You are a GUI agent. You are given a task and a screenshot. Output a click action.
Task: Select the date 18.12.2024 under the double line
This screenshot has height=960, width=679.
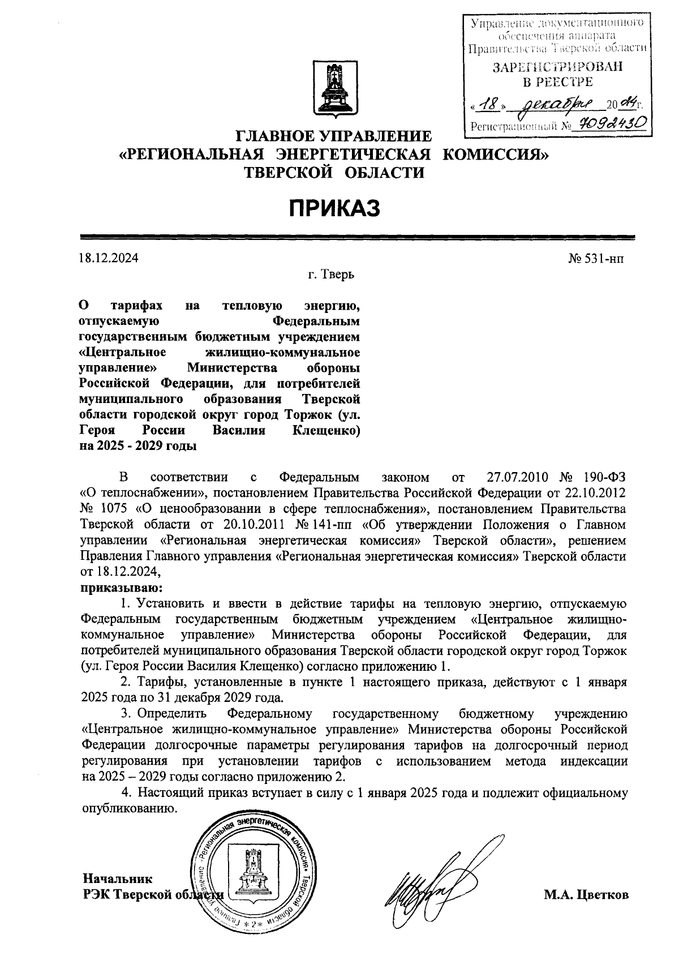click(109, 259)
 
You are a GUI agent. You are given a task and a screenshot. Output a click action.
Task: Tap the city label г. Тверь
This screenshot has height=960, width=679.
click(332, 275)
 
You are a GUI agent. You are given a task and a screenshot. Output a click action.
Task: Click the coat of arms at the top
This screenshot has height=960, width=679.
click(333, 90)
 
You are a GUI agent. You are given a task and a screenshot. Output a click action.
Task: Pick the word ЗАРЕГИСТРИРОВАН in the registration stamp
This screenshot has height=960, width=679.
click(557, 67)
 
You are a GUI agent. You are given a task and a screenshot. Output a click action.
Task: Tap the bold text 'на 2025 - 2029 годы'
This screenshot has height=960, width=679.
click(138, 445)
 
